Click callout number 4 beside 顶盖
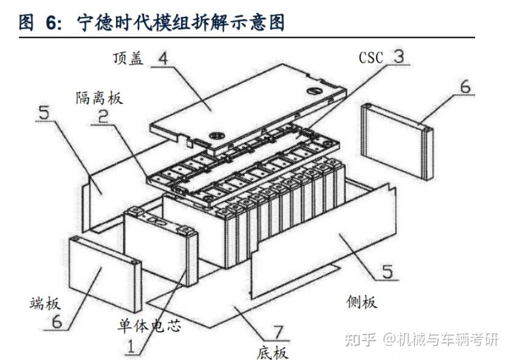(x=163, y=58)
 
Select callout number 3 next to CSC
(x=398, y=57)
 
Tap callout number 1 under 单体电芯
(x=130, y=347)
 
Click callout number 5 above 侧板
(x=387, y=271)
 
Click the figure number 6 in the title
(x=52, y=22)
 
